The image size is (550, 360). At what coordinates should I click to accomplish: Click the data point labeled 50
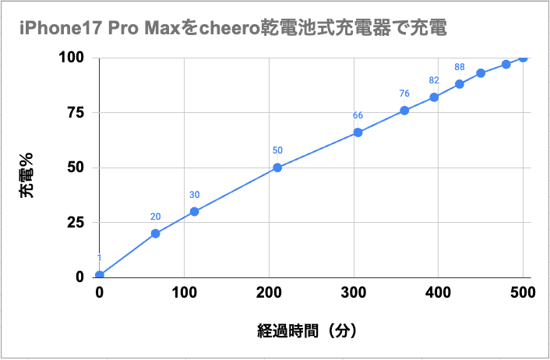pos(277,167)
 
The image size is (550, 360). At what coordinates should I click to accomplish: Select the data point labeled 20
pos(156,233)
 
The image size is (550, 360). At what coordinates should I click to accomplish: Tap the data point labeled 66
pos(358,132)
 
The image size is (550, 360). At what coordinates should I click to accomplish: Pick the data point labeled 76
pos(404,111)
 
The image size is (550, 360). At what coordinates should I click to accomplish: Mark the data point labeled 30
pos(194,211)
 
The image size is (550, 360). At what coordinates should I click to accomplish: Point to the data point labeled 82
pos(434,97)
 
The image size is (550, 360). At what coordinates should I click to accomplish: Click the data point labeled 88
pos(460,84)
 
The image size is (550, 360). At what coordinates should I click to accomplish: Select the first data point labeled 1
pos(100,274)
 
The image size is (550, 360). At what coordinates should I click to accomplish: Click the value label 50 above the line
pos(277,150)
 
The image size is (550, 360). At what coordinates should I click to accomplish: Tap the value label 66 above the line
pos(358,116)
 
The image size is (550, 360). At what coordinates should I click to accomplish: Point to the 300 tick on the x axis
pos(354,292)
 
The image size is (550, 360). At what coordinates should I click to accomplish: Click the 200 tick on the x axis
pos(269,292)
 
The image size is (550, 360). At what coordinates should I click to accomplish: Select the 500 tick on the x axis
pos(524,292)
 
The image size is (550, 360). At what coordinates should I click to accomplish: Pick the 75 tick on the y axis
pos(75,112)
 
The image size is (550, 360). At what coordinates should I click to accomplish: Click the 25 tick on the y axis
pos(75,222)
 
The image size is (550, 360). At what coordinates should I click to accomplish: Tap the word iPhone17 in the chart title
pos(54,29)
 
